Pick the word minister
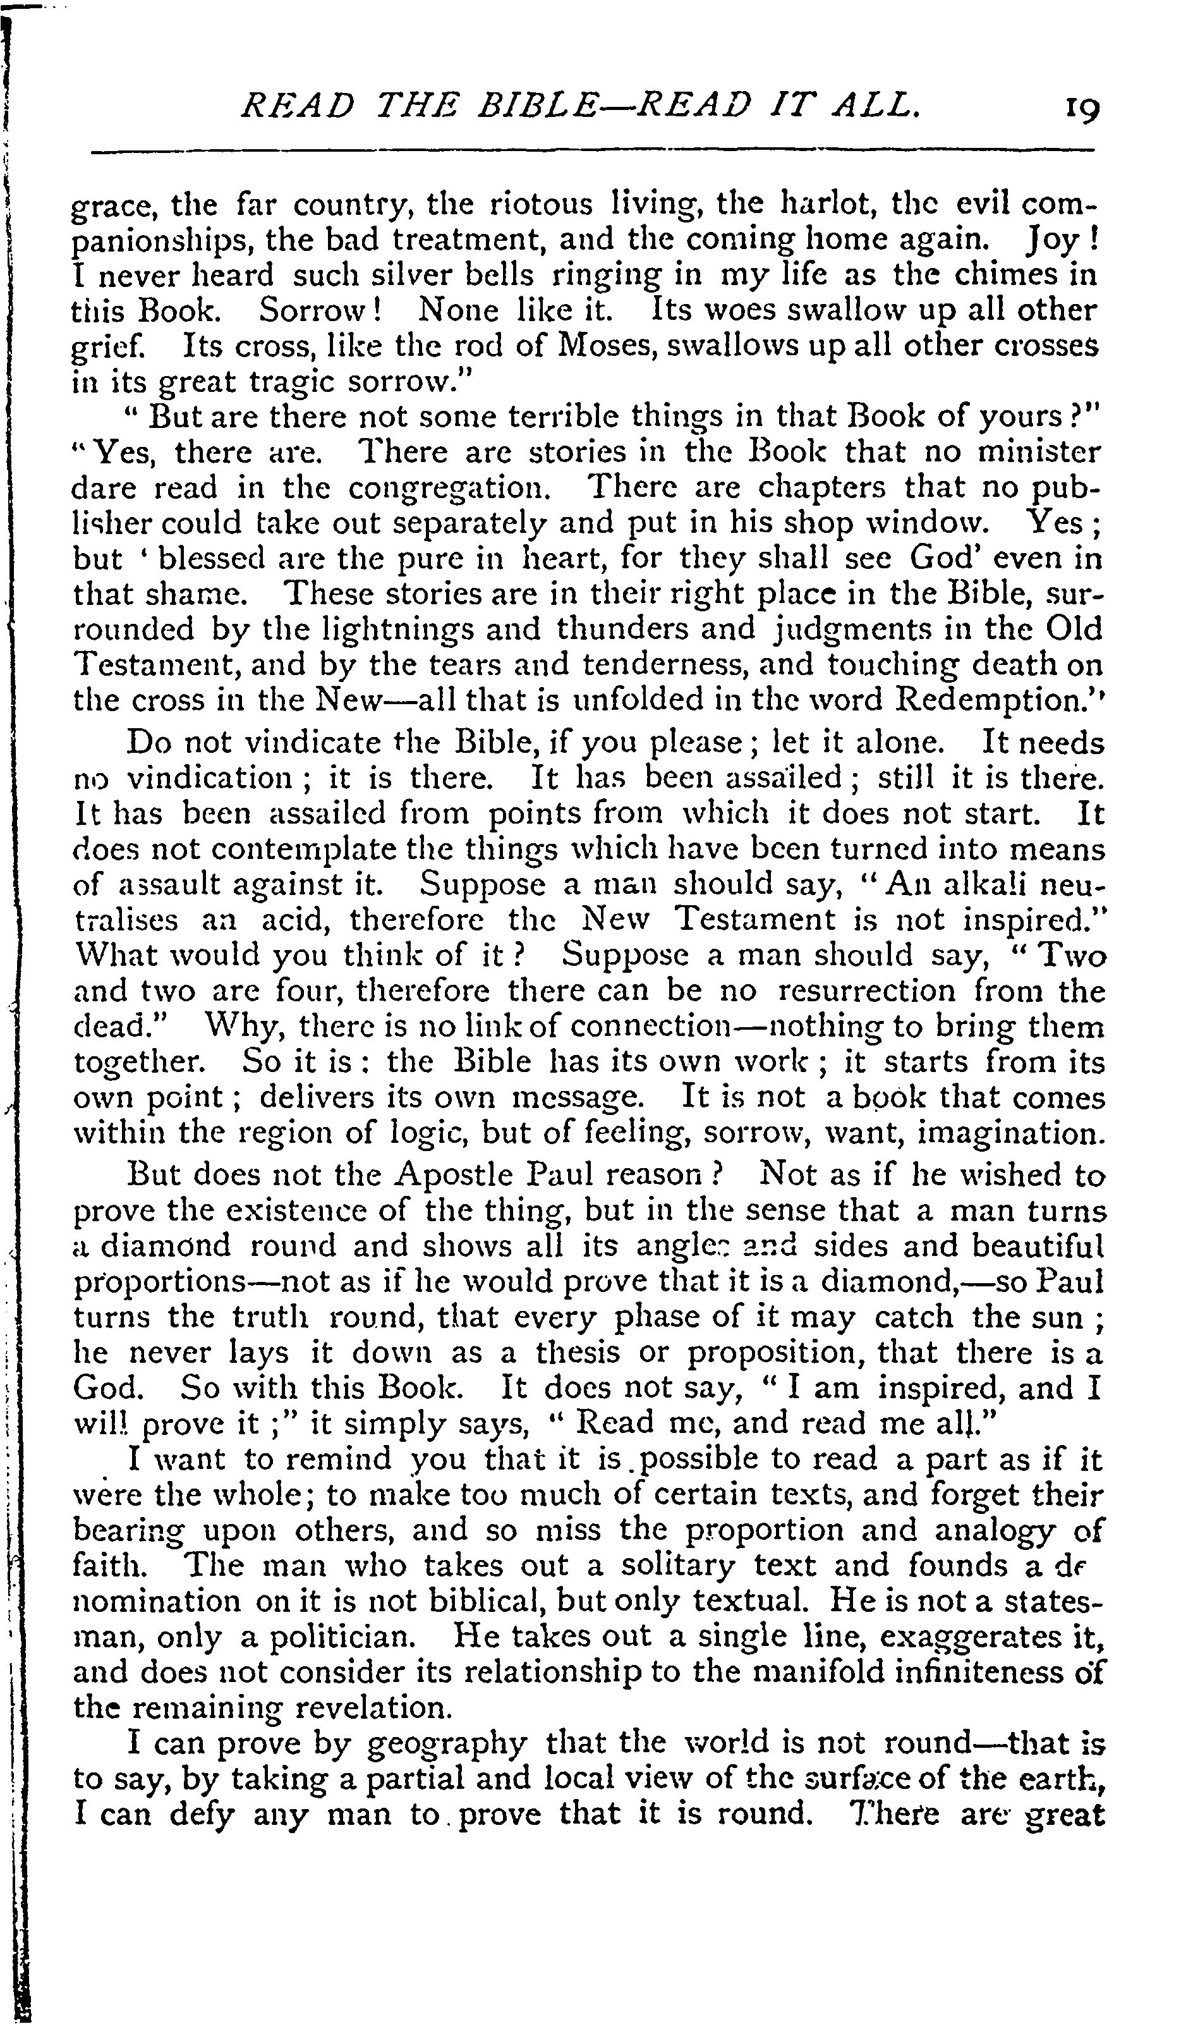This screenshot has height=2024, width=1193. [x=1038, y=452]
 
